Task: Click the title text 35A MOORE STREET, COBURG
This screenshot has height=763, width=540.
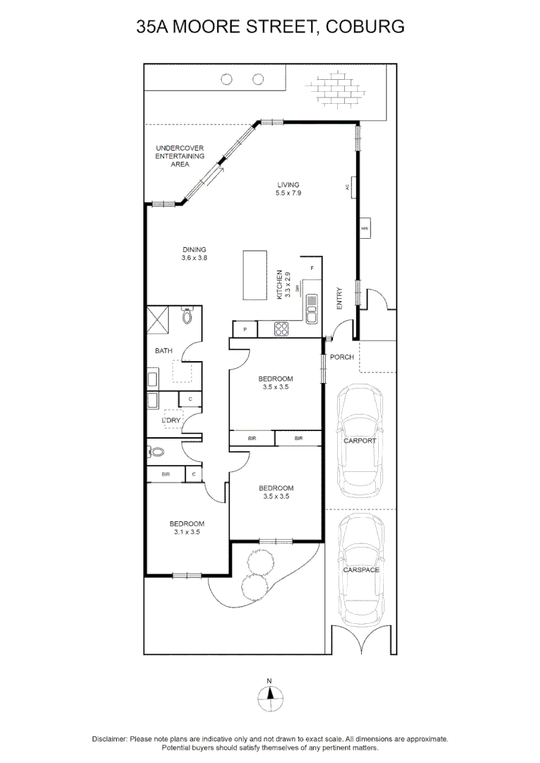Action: tap(270, 27)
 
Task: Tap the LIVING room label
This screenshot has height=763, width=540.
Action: tap(288, 185)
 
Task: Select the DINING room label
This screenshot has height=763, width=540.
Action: tap(194, 249)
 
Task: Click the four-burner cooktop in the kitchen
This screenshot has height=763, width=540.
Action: tap(281, 329)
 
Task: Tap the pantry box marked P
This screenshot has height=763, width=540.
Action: tap(245, 329)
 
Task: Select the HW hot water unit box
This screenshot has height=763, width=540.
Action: tap(365, 229)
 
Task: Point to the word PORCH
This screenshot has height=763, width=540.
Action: tap(342, 357)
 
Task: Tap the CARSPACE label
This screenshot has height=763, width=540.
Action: tap(360, 569)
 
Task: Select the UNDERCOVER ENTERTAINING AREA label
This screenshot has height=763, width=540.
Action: tap(180, 156)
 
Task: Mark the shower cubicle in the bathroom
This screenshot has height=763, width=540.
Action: tap(158, 319)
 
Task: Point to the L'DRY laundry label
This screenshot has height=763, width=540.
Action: tap(171, 420)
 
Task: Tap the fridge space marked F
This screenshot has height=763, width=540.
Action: tap(312, 268)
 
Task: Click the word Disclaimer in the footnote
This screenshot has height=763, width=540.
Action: tap(110, 739)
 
